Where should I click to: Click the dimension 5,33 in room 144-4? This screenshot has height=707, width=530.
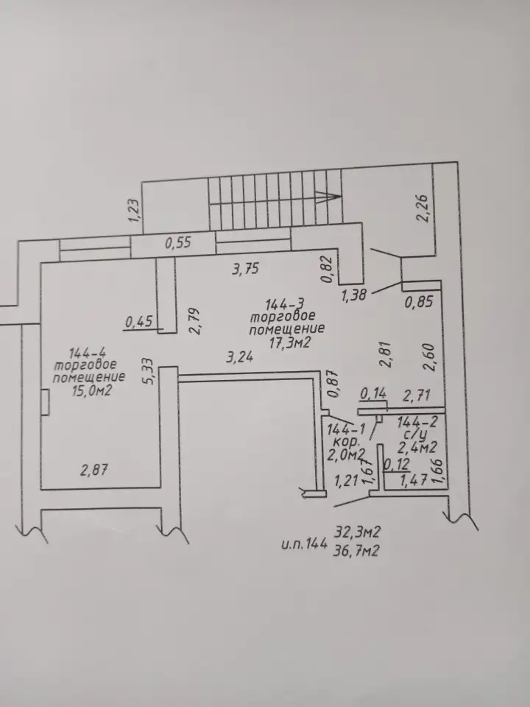click(x=150, y=370)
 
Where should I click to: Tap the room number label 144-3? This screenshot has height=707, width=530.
click(x=283, y=303)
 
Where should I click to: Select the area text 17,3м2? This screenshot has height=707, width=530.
click(x=290, y=343)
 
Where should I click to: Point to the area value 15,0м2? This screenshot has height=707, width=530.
click(x=91, y=391)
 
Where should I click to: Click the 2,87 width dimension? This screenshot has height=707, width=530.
click(x=94, y=471)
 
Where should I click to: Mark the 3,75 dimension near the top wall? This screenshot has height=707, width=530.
click(x=246, y=270)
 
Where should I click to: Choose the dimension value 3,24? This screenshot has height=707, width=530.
click(x=240, y=358)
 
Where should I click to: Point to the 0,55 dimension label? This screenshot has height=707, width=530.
click(x=178, y=243)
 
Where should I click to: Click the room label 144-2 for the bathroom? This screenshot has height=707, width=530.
click(x=417, y=423)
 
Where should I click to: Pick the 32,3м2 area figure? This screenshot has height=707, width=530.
click(x=357, y=532)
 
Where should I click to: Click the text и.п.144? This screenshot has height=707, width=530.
click(x=304, y=544)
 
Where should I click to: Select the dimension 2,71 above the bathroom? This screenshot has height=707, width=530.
click(x=417, y=396)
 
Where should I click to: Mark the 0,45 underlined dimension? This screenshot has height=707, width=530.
click(x=139, y=322)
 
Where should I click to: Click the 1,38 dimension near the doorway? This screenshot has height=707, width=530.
click(x=354, y=295)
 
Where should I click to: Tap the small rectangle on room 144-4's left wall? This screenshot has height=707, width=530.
click(x=45, y=402)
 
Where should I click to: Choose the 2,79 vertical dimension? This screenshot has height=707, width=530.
click(x=194, y=320)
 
